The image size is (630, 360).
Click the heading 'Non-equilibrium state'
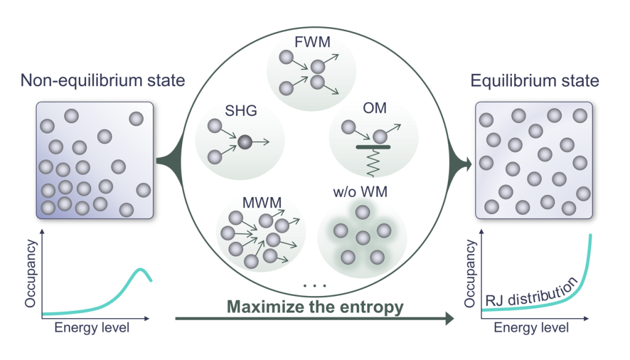coord(103,81)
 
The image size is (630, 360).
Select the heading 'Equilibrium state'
coord(535,81)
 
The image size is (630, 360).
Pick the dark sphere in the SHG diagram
coord(245,143)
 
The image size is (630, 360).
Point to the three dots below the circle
coord(314,286)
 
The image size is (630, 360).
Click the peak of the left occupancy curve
coord(140,270)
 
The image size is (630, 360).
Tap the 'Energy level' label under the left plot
coord(92,327)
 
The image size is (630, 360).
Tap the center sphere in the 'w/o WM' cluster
coord(362,237)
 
